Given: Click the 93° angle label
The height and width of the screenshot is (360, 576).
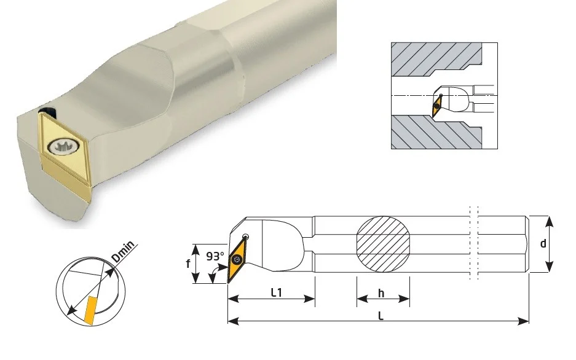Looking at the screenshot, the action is [215, 256].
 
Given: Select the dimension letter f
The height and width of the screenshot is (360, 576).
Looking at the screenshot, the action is [188, 263].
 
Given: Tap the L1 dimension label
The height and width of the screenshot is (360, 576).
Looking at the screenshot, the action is [276, 292].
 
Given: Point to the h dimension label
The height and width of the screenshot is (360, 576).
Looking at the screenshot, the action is [381, 293].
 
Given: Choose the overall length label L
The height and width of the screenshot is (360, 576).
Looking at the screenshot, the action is [381, 316].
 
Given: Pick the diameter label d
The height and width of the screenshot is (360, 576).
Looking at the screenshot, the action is [543, 243].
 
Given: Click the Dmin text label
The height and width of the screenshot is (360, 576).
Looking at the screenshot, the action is [124, 252].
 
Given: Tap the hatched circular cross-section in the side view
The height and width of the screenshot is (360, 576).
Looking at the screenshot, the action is [383, 244].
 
